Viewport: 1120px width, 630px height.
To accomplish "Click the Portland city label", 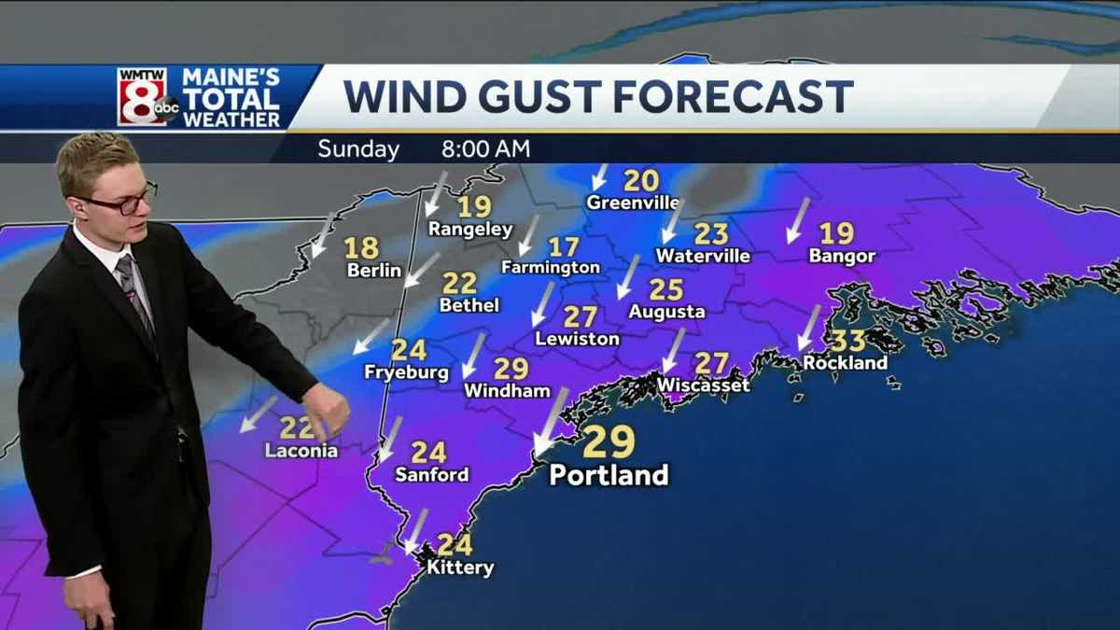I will [609, 475].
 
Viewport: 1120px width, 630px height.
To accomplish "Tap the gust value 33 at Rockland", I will [848, 341].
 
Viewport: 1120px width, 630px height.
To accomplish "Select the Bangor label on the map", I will [842, 256].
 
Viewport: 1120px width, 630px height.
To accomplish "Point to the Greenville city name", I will [633, 203].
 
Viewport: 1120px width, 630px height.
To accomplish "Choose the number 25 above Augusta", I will [666, 290].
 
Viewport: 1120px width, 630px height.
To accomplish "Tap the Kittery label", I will [460, 567].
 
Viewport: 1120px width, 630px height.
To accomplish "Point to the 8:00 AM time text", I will [486, 149].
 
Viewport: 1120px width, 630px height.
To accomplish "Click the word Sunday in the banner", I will [358, 149].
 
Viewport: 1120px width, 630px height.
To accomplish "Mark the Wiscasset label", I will [704, 385].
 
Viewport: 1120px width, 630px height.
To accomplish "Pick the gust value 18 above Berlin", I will [361, 248].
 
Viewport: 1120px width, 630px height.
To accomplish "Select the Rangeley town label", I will [470, 230].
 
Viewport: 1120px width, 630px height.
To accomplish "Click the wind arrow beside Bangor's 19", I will [797, 220].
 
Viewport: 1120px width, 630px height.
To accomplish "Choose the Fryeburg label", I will [406, 372].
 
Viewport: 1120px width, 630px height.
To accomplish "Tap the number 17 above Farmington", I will [564, 247].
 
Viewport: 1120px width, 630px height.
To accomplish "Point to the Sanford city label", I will [431, 475].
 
